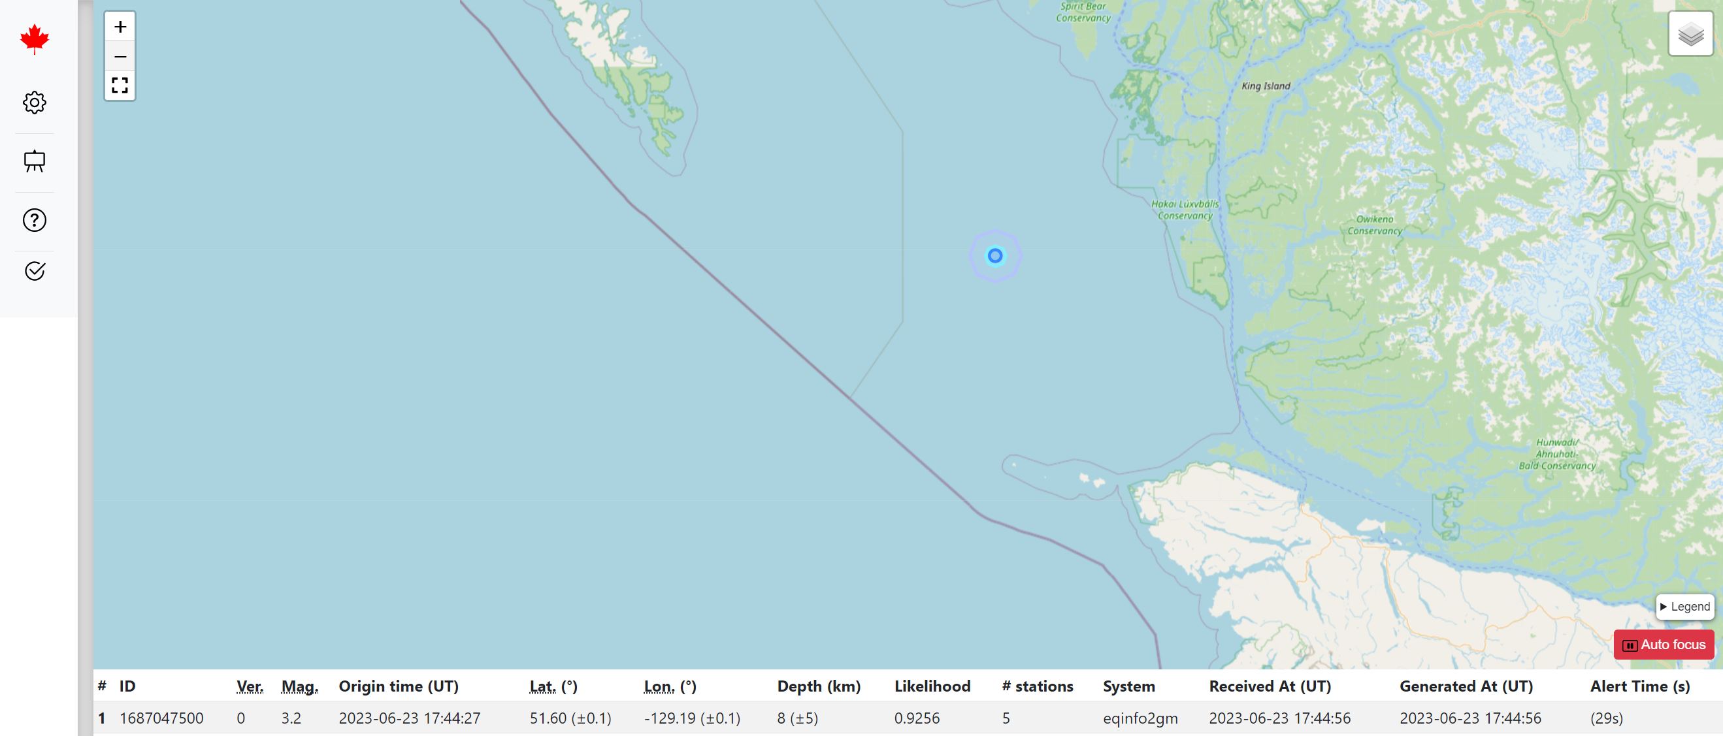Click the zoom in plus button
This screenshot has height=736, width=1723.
coord(120,27)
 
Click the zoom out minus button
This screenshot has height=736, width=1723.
coord(120,56)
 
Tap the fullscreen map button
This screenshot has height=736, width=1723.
coord(120,86)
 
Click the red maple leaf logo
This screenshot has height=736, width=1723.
coord(35,39)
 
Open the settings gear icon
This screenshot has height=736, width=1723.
coord(35,103)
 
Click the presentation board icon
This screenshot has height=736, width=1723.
coord(35,161)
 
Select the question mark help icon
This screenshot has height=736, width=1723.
coord(35,220)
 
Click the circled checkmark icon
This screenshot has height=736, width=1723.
coord(35,271)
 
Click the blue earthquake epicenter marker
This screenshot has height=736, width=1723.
coord(995,255)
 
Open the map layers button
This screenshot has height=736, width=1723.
coord(1691,33)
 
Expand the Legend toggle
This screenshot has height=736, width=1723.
coord(1685,606)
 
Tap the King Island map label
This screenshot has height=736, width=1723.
coord(1266,86)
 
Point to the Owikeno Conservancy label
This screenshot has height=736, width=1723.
coord(1375,225)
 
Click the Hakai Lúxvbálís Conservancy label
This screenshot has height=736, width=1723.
coord(1185,210)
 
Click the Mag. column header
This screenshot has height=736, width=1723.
coord(300,686)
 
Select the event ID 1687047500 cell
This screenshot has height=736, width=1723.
coord(161,718)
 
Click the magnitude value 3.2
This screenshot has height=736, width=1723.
coord(291,718)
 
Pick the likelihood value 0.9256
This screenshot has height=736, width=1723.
coord(917,718)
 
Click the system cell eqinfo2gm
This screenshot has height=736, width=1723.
coord(1140,718)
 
